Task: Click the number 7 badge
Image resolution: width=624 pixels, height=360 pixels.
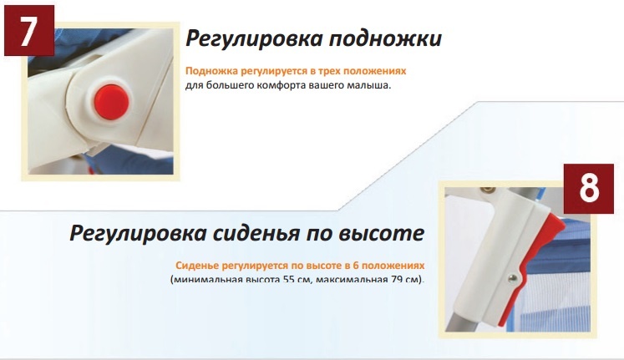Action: [29, 30]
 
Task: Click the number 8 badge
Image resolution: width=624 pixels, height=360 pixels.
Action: [589, 189]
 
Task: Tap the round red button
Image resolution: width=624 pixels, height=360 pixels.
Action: [112, 102]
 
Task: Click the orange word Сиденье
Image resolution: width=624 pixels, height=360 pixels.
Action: [197, 266]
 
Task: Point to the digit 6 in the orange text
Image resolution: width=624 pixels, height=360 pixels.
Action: [356, 266]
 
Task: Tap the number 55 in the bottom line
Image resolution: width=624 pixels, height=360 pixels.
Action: [288, 279]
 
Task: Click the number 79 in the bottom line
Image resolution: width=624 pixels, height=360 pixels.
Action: [397, 279]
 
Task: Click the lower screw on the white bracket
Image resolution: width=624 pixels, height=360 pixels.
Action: [513, 279]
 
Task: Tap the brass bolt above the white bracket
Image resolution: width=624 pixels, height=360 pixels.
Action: [488, 190]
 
